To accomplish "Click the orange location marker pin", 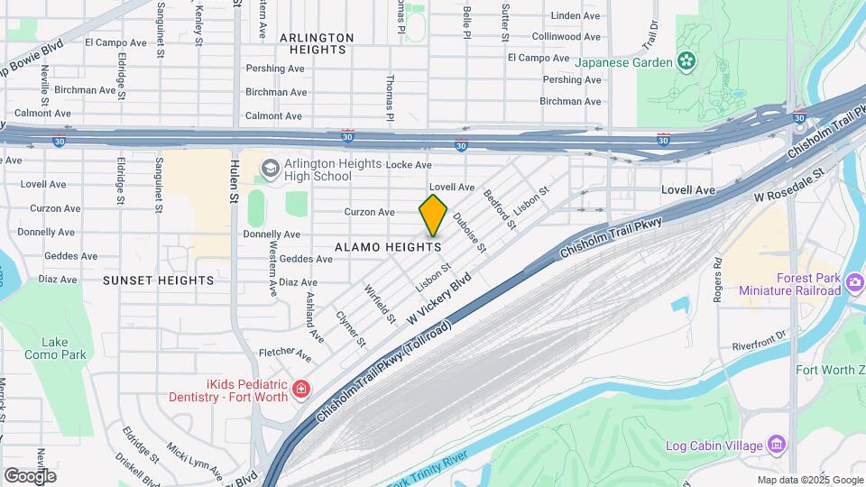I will [x=433, y=215].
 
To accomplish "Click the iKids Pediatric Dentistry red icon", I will [x=300, y=390].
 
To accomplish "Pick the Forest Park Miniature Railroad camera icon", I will [x=854, y=284].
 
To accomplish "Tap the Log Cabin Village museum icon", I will [x=776, y=445].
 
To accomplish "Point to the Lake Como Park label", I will [x=63, y=348].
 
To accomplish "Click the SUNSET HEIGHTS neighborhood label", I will [x=158, y=280].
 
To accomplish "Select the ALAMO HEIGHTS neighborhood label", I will [x=388, y=246].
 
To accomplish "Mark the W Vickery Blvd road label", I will [x=439, y=299].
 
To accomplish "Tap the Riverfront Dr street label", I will [x=760, y=345].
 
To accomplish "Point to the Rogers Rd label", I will [x=718, y=280].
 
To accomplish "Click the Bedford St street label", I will [x=497, y=208].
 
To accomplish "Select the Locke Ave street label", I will [x=409, y=165].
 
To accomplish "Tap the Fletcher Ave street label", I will [x=284, y=353].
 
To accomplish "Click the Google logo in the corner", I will [x=30, y=475].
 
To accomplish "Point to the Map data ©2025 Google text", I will [x=810, y=480].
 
